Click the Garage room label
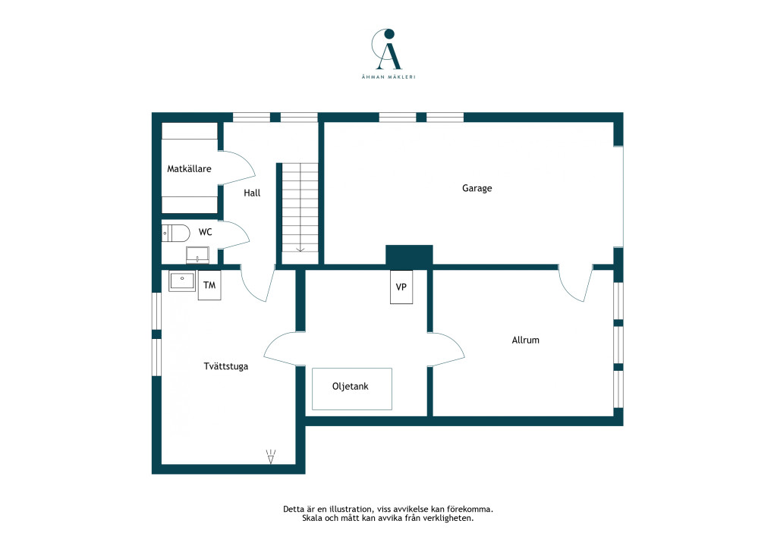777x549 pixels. point(477,188)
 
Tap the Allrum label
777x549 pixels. point(525,340)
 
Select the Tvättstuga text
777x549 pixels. point(225,366)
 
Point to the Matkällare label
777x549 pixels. point(189,169)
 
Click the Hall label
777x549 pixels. point(252,193)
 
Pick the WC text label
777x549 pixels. point(205,232)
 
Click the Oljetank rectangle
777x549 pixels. point(352,389)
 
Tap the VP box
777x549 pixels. point(401,287)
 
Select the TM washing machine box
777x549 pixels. point(209,285)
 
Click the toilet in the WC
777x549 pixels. point(175,233)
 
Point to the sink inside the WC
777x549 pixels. point(198,255)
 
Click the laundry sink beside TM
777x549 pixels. point(182,281)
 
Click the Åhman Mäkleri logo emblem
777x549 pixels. point(387,49)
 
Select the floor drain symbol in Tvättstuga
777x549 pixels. point(271,456)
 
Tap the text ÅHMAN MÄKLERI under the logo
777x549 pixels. point(388,77)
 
